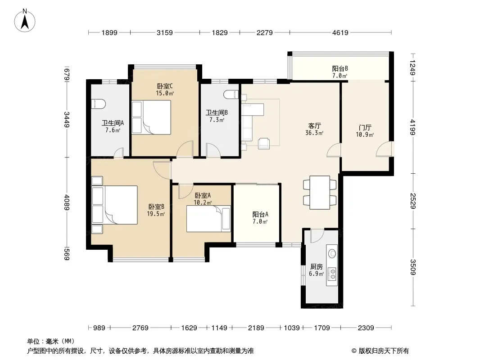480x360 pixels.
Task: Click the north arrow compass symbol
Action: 25,21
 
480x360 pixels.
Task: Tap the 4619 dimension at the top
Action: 340,32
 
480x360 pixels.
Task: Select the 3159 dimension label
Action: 165,32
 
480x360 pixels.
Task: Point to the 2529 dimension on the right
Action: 413,201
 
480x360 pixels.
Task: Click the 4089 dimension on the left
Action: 67,203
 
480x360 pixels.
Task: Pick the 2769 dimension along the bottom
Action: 140,328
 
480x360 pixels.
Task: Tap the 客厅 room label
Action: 314,126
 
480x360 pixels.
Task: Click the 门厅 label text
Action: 365,127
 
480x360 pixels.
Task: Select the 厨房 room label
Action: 316,267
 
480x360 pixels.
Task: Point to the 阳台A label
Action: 260,214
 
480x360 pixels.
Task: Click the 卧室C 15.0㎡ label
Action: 165,90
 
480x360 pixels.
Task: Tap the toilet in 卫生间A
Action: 98,104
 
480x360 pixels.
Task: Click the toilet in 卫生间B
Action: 231,94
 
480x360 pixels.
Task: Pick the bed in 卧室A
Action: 208,219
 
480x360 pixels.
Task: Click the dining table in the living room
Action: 320,193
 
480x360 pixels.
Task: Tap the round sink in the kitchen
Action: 332,253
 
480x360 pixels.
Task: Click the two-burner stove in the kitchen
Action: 332,274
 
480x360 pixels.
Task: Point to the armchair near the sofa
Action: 263,144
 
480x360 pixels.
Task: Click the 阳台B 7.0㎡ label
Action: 340,72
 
